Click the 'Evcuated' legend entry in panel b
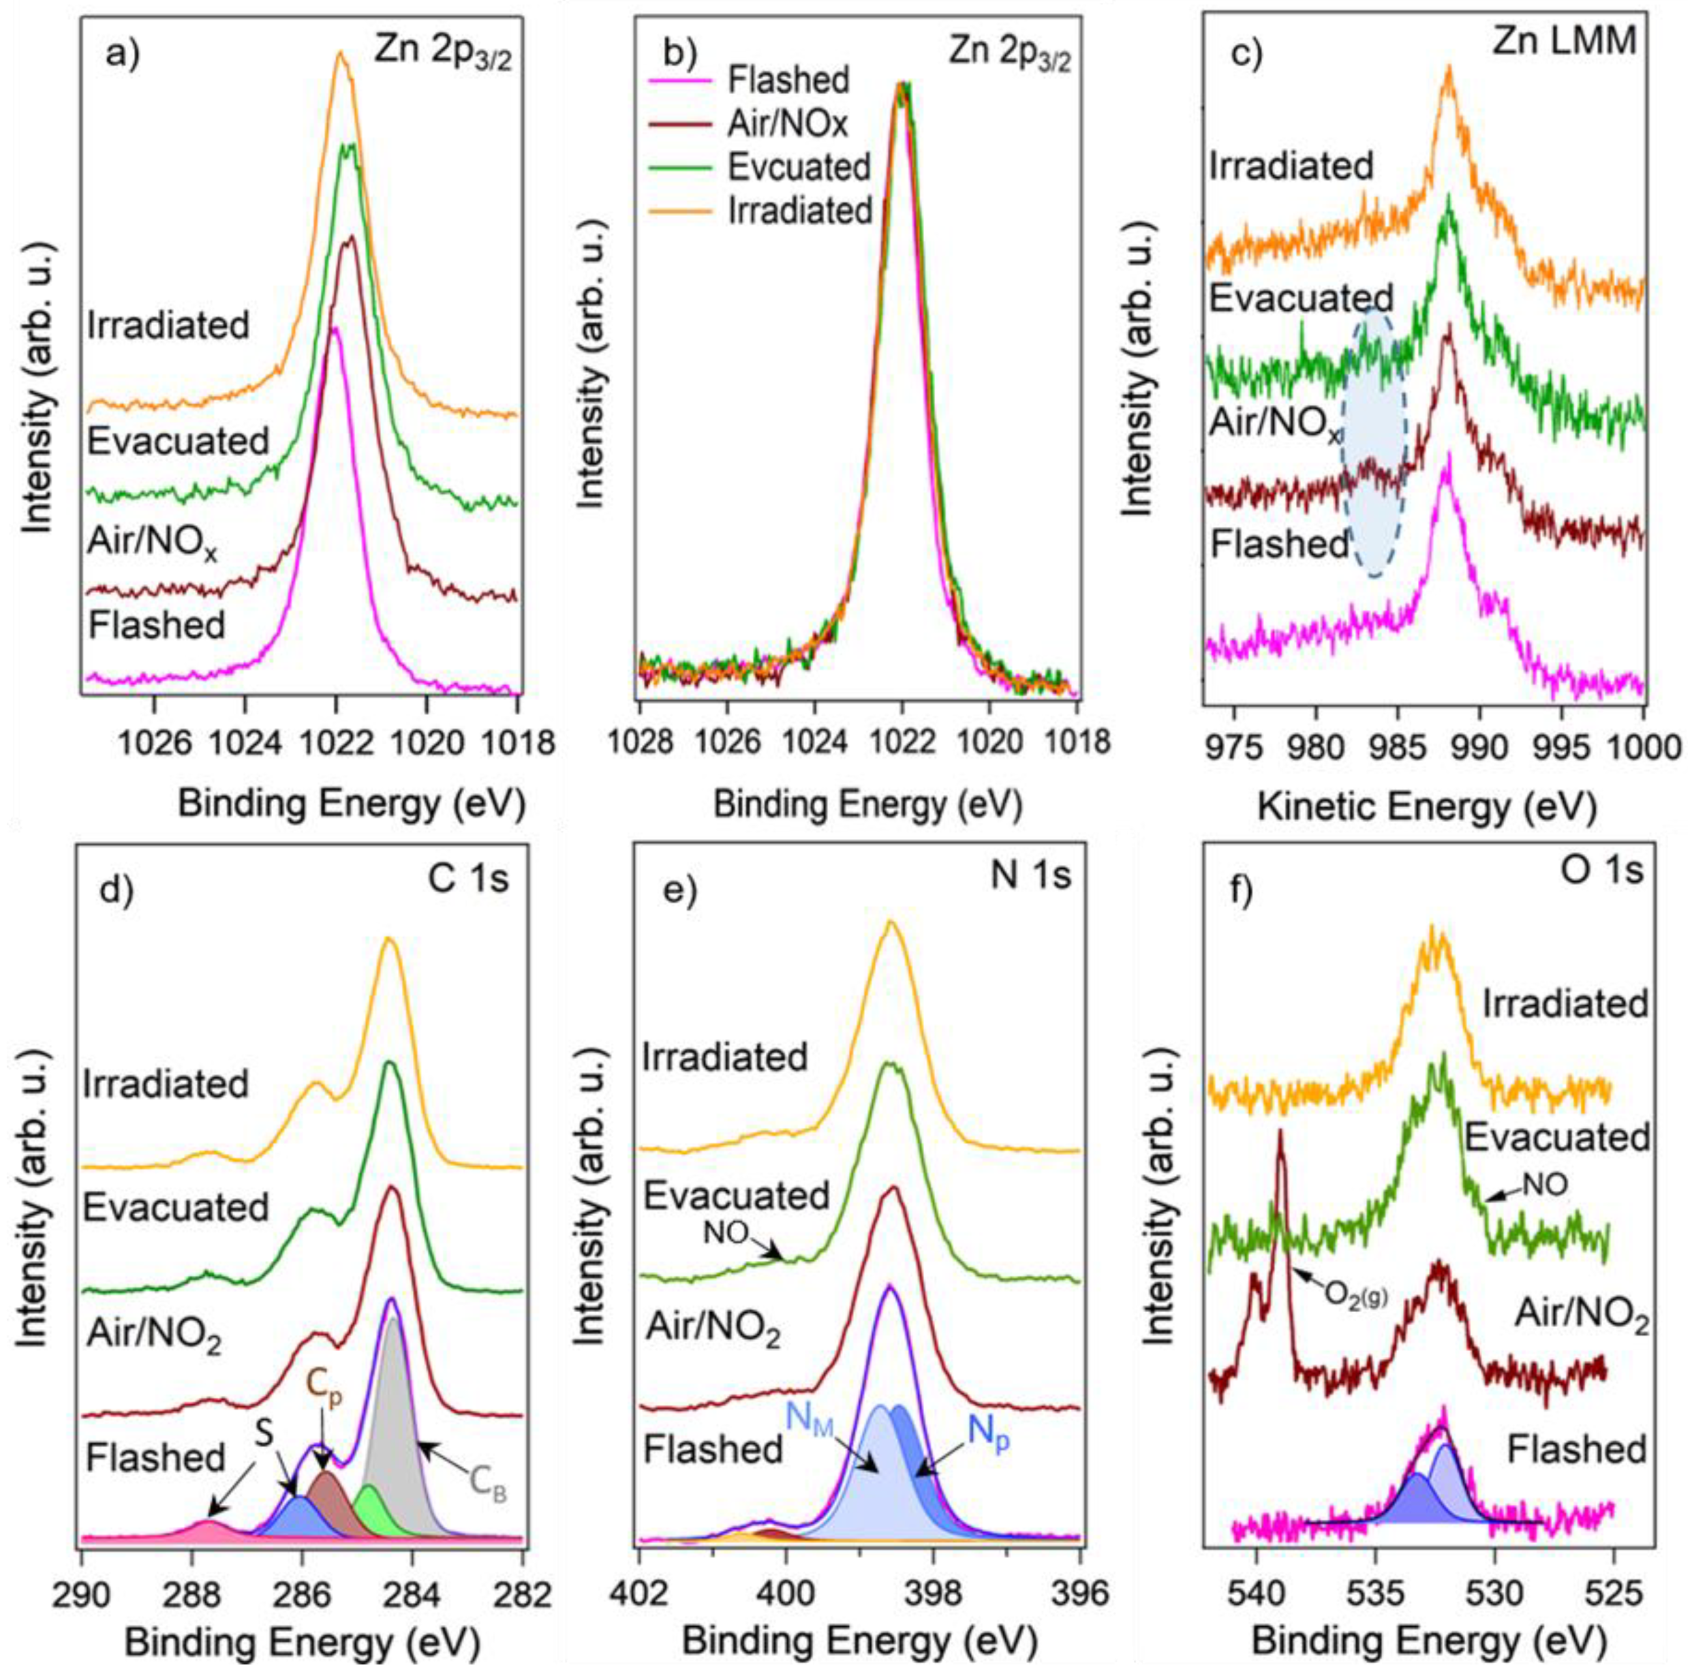799,166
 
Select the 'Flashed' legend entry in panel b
787,80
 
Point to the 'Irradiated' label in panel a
169,325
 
